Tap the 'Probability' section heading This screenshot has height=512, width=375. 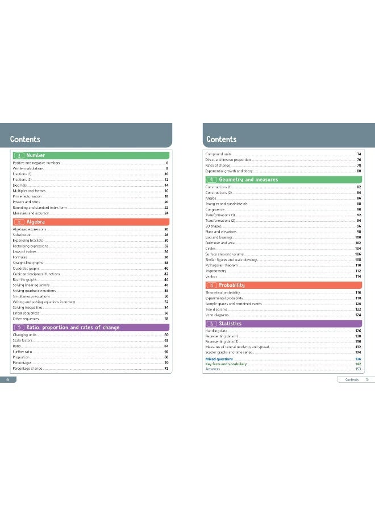(x=232, y=285)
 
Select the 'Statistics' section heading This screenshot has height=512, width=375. (x=230, y=324)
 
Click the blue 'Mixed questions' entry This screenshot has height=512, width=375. (x=219, y=360)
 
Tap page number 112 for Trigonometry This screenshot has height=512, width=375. (x=359, y=271)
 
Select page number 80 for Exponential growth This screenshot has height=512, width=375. (x=359, y=171)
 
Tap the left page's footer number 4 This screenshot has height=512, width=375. (x=7, y=379)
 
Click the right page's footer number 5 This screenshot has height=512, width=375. (x=367, y=379)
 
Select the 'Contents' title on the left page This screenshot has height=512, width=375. (x=25, y=139)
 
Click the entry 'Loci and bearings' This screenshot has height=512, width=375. (x=219, y=238)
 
